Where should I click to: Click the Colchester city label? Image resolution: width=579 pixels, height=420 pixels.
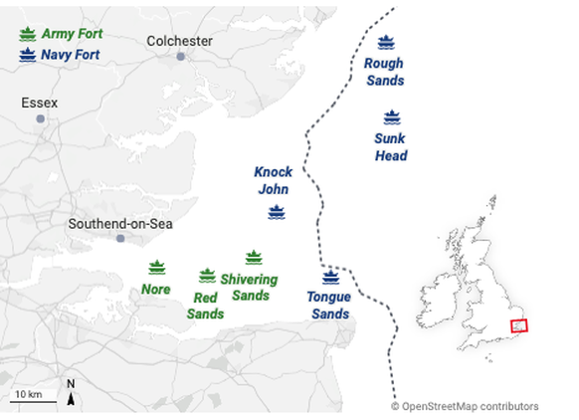point(179,41)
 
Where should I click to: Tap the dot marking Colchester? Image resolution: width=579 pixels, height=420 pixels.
point(180,57)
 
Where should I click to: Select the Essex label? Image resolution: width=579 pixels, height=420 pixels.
point(40,103)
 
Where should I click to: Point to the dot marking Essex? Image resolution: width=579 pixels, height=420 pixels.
point(40,118)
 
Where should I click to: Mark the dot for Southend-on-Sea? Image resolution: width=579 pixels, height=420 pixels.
point(120,239)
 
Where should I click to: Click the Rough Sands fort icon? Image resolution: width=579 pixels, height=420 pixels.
point(386,43)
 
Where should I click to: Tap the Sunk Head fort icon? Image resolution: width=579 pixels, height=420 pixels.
point(391,116)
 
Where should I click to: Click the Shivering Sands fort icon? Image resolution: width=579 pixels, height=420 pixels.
point(253,258)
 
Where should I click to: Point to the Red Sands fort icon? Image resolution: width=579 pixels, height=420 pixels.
point(207,275)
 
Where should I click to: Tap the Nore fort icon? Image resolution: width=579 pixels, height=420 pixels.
point(156,267)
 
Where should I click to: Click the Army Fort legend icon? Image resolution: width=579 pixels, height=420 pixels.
point(27,34)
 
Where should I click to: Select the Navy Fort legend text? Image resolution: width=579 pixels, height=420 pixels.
point(72,54)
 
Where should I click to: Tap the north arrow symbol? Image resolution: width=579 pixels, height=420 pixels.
point(71,394)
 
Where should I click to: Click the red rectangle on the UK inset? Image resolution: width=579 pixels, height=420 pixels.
point(518,325)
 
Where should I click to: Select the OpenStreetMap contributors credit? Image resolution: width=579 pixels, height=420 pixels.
point(465,406)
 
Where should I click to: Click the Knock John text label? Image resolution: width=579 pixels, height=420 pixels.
point(273,180)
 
